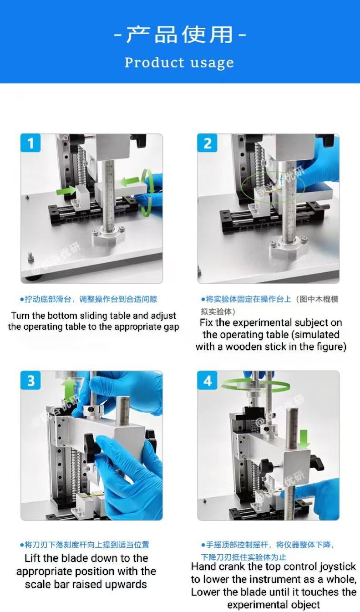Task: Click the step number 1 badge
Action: click(x=30, y=143)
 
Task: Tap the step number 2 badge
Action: click(x=208, y=143)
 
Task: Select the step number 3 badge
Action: click(x=30, y=380)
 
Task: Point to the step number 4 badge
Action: click(x=208, y=380)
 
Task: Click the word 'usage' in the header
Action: click(x=212, y=63)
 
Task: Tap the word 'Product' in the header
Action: click(x=154, y=62)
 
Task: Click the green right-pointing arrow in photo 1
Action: click(x=66, y=190)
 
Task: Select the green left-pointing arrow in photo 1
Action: click(x=130, y=181)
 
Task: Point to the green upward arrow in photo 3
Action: click(x=69, y=388)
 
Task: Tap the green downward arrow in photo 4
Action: click(x=304, y=438)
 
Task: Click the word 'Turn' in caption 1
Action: click(x=20, y=316)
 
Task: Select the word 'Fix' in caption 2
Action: click(x=206, y=323)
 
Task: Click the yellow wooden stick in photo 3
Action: click(x=94, y=494)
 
